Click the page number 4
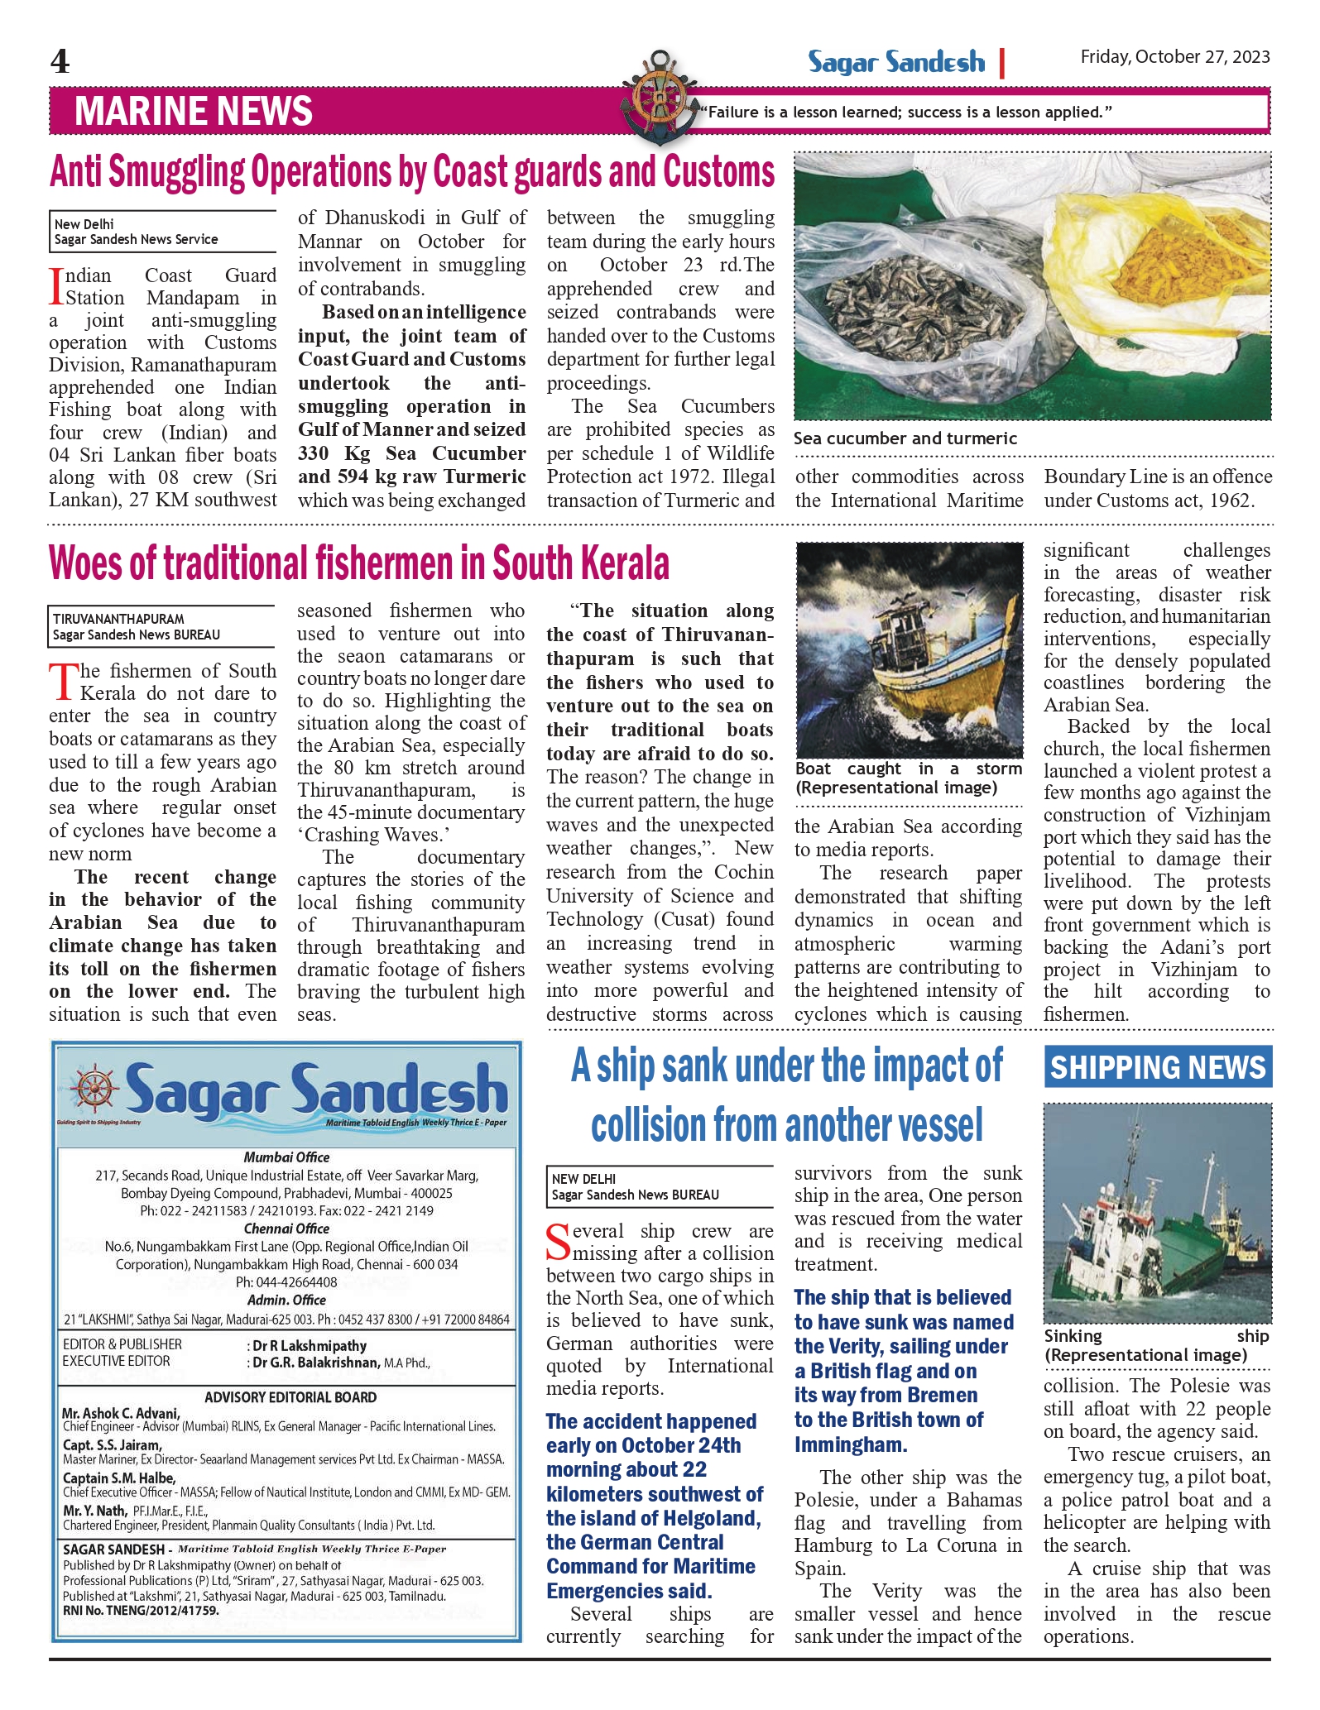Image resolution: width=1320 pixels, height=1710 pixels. (x=60, y=62)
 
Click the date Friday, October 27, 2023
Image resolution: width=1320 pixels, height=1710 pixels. (x=1174, y=57)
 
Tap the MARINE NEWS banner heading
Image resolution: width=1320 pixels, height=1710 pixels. (x=194, y=112)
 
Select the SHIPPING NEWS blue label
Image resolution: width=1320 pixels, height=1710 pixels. (x=1157, y=1067)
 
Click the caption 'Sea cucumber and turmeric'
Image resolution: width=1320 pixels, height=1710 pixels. (x=905, y=438)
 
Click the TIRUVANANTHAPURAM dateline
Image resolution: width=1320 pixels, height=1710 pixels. (x=118, y=619)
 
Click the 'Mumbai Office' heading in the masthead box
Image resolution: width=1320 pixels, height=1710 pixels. (x=286, y=1157)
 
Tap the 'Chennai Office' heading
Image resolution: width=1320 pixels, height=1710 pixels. (x=286, y=1229)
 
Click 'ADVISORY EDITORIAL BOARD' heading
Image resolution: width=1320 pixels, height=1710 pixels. (x=290, y=1397)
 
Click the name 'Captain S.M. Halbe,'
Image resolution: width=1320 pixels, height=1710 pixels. (x=119, y=1478)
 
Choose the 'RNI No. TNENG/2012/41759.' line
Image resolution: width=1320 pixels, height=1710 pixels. (x=141, y=1611)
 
